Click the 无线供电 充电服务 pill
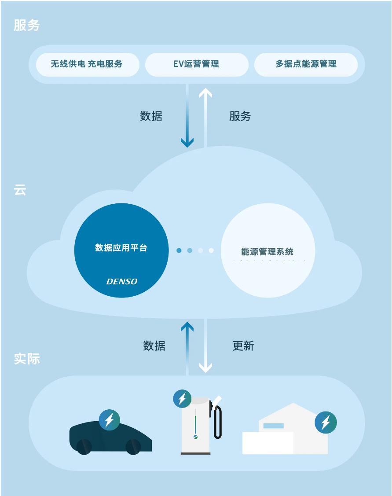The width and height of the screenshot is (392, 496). (87, 64)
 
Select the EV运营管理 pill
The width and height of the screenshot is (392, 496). (196, 64)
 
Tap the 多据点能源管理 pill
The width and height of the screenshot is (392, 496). (306, 64)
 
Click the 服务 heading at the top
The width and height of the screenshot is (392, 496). (27, 26)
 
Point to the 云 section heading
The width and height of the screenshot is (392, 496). (20, 190)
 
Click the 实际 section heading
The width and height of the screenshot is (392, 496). (27, 359)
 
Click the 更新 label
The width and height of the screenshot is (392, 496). (243, 346)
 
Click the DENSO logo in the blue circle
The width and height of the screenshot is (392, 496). (122, 282)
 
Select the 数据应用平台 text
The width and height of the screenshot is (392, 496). (121, 248)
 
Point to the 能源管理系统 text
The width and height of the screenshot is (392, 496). (267, 252)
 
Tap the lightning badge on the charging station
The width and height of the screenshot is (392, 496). (182, 399)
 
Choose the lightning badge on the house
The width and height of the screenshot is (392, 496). (326, 423)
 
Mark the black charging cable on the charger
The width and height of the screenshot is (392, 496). (218, 423)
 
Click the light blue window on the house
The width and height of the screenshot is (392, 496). (273, 426)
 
